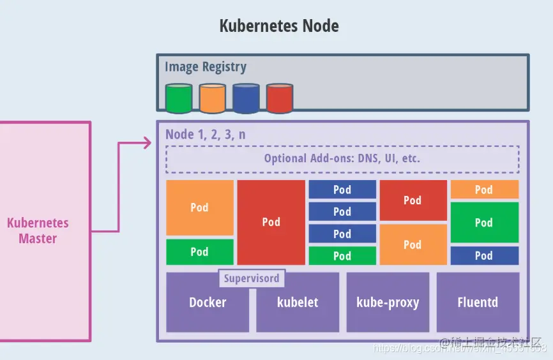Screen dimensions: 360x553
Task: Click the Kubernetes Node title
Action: point(279,26)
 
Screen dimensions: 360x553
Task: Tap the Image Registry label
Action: point(205,66)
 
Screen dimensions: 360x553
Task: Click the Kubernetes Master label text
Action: point(38,231)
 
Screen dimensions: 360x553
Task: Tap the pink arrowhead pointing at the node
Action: point(148,143)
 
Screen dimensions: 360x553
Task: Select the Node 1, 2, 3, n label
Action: point(205,134)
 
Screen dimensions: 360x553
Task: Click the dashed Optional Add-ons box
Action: point(342,158)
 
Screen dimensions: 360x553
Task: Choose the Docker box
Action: point(208,303)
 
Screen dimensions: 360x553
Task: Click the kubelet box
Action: point(298,303)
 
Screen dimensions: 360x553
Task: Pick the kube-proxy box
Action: point(388,303)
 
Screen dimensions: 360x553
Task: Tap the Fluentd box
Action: point(478,303)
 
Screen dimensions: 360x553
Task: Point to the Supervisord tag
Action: point(252,279)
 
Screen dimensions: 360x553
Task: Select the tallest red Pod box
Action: point(271,222)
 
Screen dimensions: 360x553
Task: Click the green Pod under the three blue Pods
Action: point(342,256)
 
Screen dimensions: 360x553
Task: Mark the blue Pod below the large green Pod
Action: point(484,256)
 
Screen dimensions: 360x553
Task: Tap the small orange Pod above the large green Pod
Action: point(484,190)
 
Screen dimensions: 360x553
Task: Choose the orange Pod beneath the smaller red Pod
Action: point(413,244)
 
